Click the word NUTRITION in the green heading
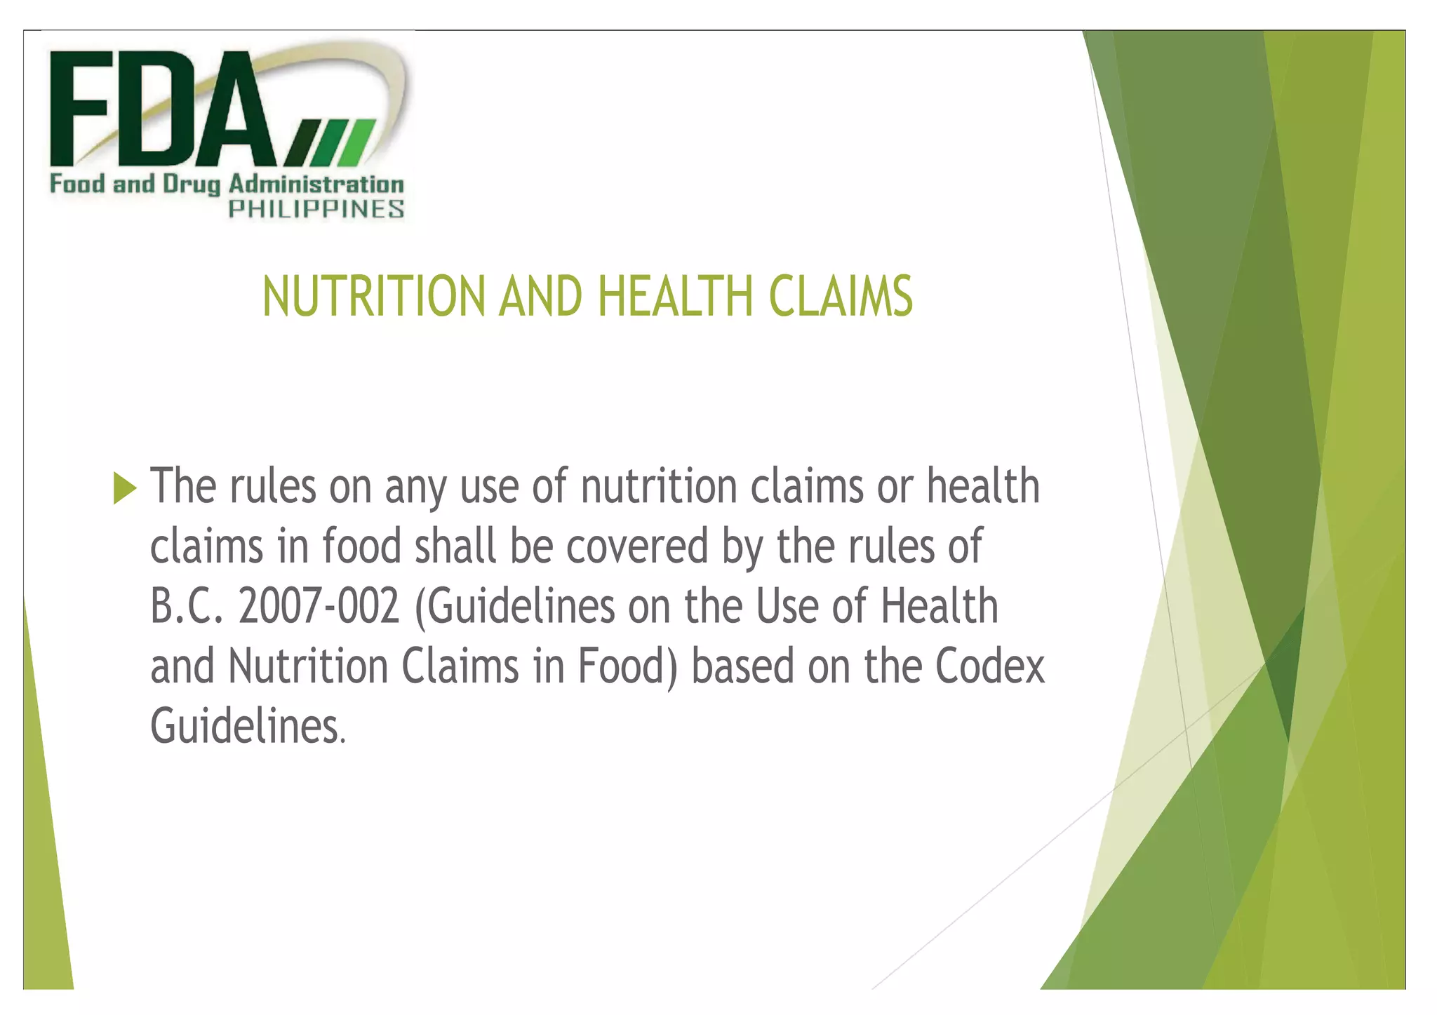coord(373,297)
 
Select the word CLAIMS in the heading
coord(841,297)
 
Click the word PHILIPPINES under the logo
coord(316,209)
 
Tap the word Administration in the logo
coord(316,184)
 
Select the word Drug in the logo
coord(191,185)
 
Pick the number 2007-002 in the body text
coord(319,607)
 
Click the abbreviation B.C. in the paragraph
coord(187,607)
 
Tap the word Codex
coord(989,666)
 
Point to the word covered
coord(637,546)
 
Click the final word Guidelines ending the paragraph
coord(246,727)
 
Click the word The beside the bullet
coord(183,486)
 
